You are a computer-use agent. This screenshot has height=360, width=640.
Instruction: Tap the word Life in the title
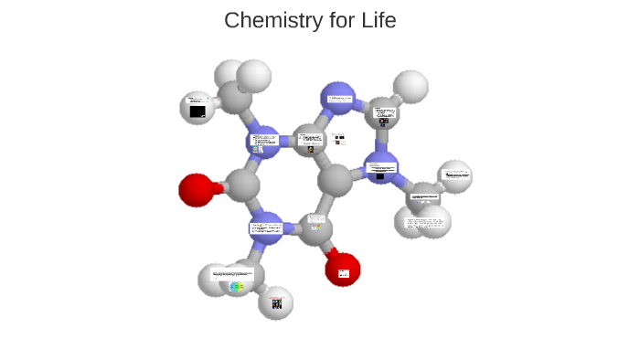[x=376, y=19]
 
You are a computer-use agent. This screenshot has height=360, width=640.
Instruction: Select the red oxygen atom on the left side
[x=196, y=190]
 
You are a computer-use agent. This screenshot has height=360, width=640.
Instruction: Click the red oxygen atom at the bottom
[x=342, y=270]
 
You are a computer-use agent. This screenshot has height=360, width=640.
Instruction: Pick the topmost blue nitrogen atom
[x=338, y=98]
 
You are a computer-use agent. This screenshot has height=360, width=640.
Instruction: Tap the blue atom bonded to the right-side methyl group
[x=380, y=168]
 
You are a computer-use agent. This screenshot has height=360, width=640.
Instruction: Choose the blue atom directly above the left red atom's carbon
[x=262, y=142]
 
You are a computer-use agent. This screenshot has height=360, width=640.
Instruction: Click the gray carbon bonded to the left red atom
[x=241, y=185]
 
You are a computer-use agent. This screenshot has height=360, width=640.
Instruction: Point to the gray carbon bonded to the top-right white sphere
[x=382, y=114]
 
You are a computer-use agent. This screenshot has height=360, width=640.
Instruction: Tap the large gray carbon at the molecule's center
[x=336, y=178]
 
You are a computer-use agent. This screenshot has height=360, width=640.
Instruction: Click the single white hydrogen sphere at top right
[x=412, y=86]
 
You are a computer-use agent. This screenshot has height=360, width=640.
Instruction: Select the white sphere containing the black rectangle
[x=197, y=107]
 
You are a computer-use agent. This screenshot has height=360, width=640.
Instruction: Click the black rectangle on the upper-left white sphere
[x=197, y=111]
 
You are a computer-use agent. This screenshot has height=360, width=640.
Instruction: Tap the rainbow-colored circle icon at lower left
[x=237, y=287]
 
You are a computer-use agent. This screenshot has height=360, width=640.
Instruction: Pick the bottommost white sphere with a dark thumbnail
[x=275, y=302]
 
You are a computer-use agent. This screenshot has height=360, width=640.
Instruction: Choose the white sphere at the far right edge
[x=454, y=175]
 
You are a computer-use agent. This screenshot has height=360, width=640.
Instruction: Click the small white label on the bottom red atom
[x=344, y=273]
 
